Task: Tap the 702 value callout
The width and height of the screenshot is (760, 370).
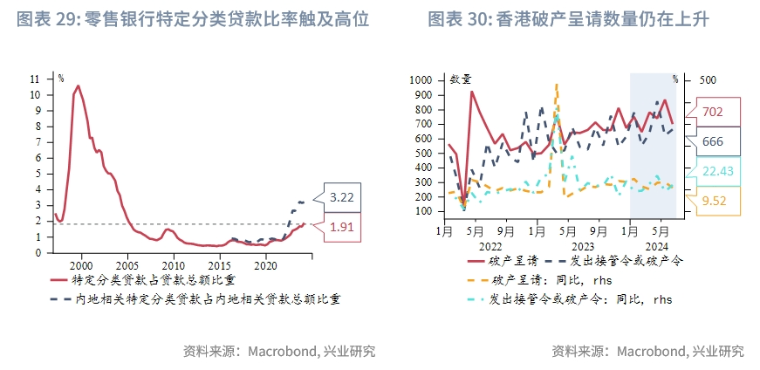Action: (712, 112)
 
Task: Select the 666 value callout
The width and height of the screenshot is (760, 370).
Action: (712, 141)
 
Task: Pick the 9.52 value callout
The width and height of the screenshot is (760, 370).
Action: (713, 201)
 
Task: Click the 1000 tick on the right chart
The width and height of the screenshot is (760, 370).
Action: (421, 79)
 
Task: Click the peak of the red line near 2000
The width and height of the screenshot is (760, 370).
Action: (78, 86)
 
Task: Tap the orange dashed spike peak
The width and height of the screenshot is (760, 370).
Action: (556, 85)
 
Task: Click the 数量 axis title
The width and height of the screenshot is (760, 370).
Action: (461, 79)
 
